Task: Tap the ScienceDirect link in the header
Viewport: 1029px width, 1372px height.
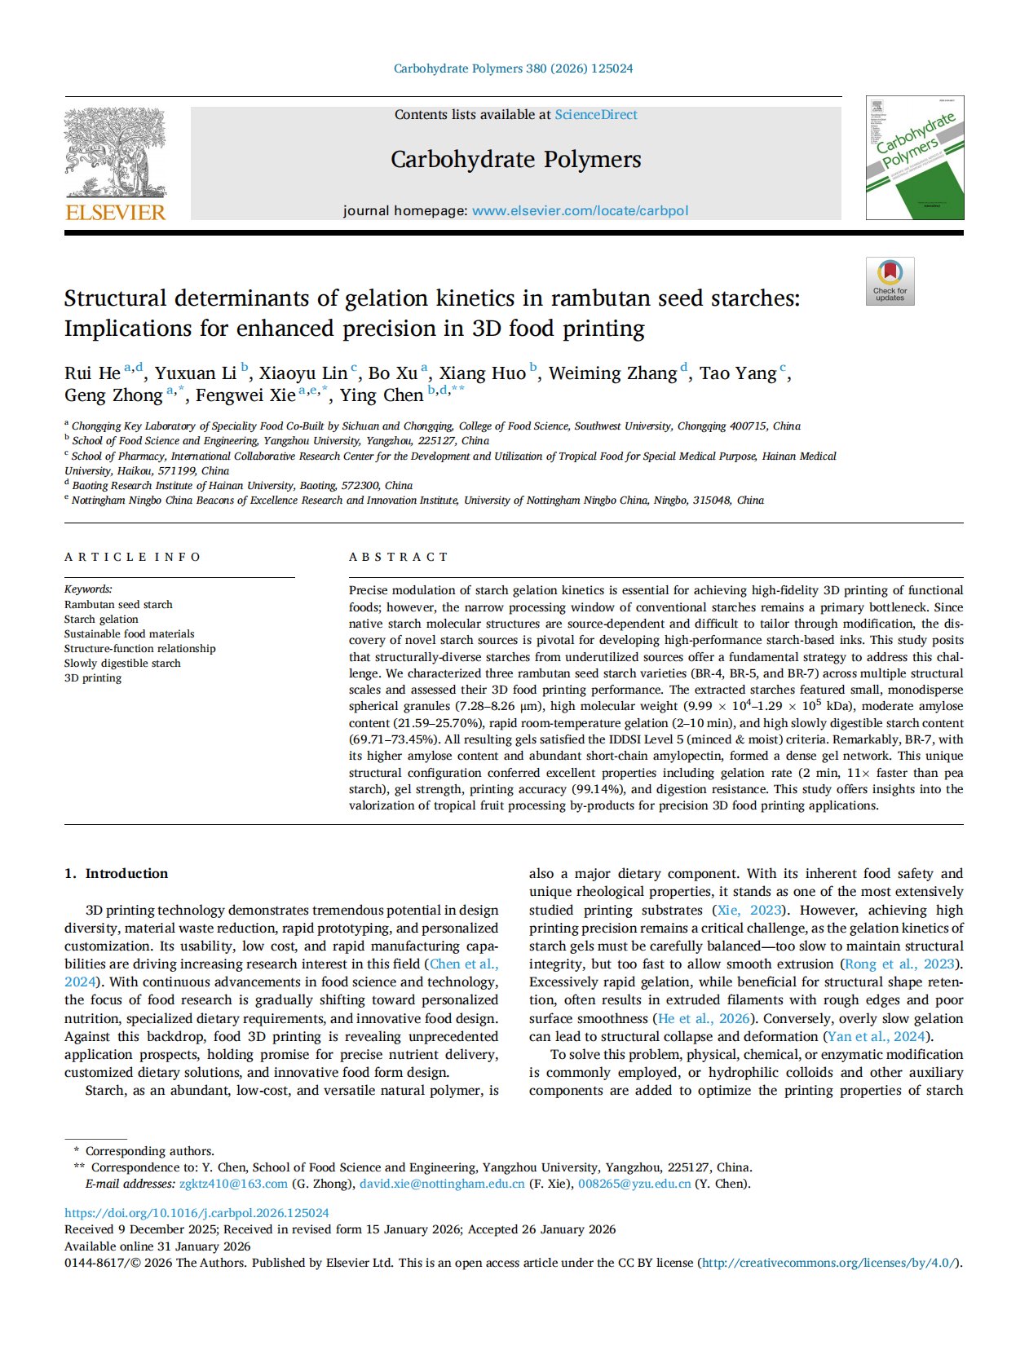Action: pos(596,115)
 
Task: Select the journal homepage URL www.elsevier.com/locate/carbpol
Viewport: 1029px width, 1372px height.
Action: pos(580,210)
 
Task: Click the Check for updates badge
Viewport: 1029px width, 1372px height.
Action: pos(890,281)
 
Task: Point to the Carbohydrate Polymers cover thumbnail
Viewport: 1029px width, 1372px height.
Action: pos(914,158)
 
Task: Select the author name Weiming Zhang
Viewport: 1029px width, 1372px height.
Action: pos(612,373)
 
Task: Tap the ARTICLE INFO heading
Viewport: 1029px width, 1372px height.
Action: pos(133,557)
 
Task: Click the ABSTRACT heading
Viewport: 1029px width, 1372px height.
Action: pos(399,557)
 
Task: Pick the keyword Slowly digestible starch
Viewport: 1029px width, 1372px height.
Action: pos(122,663)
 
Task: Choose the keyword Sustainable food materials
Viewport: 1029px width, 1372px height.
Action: pos(129,633)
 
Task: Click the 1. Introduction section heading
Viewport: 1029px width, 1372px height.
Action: pos(117,873)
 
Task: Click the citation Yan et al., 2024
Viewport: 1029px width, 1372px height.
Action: pos(877,1036)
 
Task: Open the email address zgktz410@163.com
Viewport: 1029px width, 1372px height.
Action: pos(233,1184)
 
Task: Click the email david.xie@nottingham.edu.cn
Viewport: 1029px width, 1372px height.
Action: pos(442,1184)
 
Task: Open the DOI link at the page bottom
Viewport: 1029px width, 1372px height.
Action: pos(197,1213)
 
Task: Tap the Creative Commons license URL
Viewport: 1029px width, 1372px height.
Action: pos(829,1263)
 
